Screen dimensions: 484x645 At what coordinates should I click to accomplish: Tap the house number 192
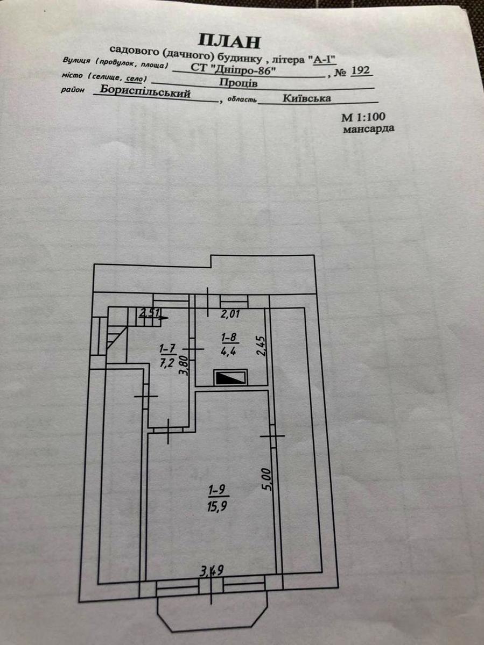coord(360,70)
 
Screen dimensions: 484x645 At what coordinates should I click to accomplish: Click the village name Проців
coord(238,83)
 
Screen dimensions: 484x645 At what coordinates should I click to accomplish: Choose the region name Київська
coord(307,98)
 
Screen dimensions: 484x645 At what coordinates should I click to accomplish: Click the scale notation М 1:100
coord(363,117)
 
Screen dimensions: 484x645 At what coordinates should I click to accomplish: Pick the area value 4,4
coord(229,352)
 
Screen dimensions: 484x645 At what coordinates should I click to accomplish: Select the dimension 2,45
coord(261,346)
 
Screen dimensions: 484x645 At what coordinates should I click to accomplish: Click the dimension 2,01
coord(230,314)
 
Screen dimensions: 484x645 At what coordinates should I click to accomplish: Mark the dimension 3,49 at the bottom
coord(212,570)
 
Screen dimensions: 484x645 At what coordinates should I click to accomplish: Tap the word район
coord(73,89)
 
